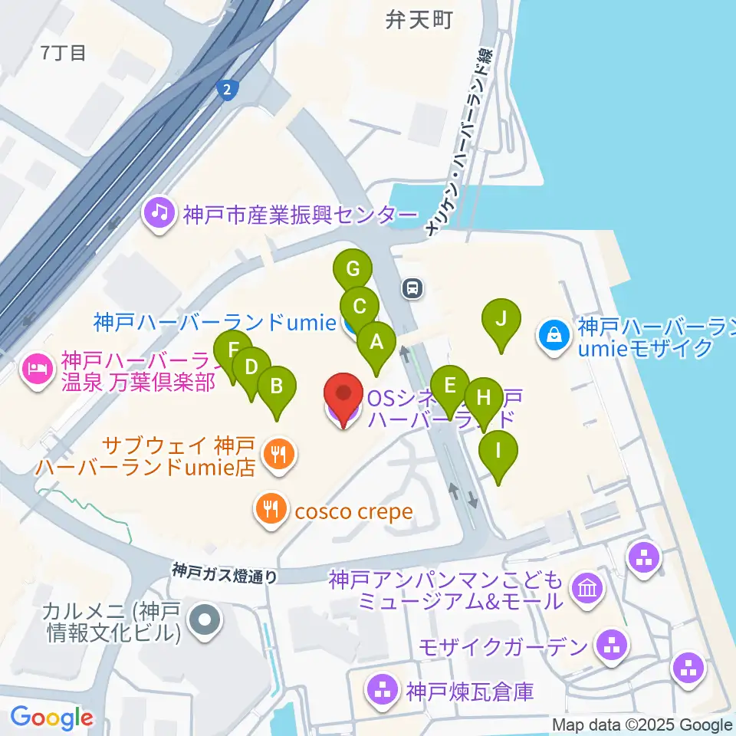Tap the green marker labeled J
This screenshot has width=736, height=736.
pyautogui.click(x=501, y=318)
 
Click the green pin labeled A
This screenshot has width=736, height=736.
pyautogui.click(x=376, y=342)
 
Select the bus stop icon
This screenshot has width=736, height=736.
pyautogui.click(x=412, y=288)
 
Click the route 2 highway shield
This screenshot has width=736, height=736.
pyautogui.click(x=227, y=90)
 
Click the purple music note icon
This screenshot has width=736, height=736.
pyautogui.click(x=159, y=212)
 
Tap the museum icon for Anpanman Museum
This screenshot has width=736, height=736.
pyautogui.click(x=588, y=590)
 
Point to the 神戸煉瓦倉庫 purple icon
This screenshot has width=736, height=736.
pyautogui.click(x=383, y=691)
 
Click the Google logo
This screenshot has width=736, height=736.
pyautogui.click(x=51, y=718)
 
